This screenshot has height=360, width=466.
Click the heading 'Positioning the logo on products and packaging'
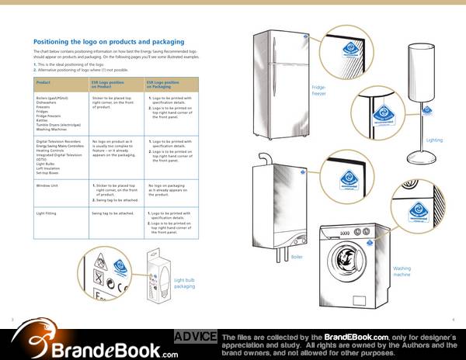point(109,41)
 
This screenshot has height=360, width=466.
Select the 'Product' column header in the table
point(43,81)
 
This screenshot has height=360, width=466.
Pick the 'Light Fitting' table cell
point(48,212)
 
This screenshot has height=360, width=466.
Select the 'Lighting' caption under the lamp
point(435,140)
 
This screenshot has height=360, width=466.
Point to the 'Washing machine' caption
point(402,271)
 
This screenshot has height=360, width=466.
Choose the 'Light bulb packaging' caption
point(184,282)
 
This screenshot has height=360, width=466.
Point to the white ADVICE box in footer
point(194,336)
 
